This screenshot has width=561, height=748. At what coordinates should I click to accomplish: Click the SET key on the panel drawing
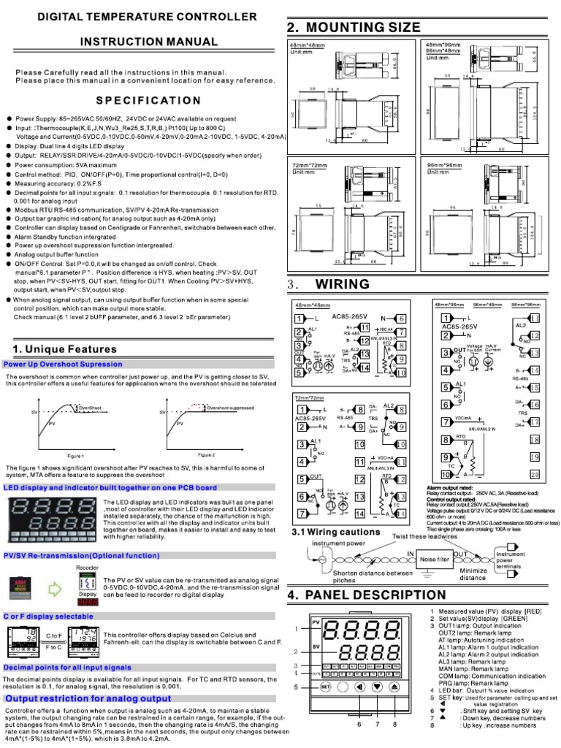click(x=326, y=687)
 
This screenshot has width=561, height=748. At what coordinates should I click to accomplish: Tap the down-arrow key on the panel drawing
click(x=376, y=687)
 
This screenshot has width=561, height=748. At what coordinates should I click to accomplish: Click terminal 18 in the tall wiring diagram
click(x=534, y=439)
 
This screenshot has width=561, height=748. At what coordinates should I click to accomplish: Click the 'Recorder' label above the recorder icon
click(x=87, y=546)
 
